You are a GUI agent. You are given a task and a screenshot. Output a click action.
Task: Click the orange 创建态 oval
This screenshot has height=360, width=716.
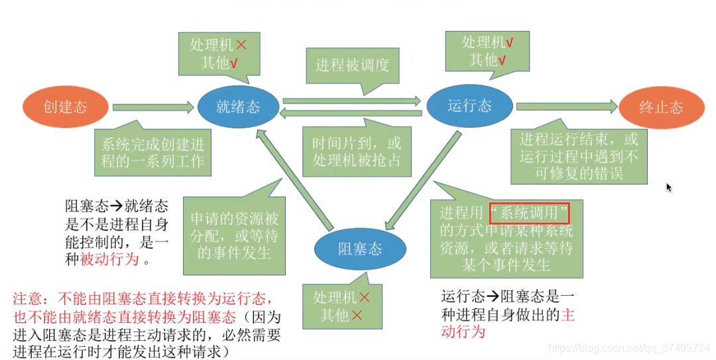[x=65, y=107]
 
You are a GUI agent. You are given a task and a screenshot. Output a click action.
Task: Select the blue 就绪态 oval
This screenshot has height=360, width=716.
[x=238, y=107]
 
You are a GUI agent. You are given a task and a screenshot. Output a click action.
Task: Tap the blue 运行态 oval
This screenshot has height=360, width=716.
[x=469, y=105]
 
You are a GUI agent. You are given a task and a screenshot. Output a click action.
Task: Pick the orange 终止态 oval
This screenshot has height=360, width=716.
[x=660, y=107]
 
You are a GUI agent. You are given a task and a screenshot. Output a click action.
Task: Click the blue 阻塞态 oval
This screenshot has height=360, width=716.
[x=360, y=249]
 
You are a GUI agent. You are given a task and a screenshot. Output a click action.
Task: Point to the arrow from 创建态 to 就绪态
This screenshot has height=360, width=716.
[x=152, y=107]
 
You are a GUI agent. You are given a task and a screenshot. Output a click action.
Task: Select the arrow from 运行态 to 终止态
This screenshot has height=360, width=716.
[x=567, y=105]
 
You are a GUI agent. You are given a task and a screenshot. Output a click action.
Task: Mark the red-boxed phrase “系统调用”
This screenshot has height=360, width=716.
[x=530, y=213]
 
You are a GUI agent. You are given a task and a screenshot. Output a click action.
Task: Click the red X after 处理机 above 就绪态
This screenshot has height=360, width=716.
[x=241, y=45]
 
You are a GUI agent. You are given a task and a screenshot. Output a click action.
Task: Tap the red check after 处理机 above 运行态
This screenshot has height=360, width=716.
[x=508, y=42]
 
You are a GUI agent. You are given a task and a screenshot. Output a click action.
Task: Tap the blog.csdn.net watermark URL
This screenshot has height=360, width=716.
[x=630, y=347]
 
